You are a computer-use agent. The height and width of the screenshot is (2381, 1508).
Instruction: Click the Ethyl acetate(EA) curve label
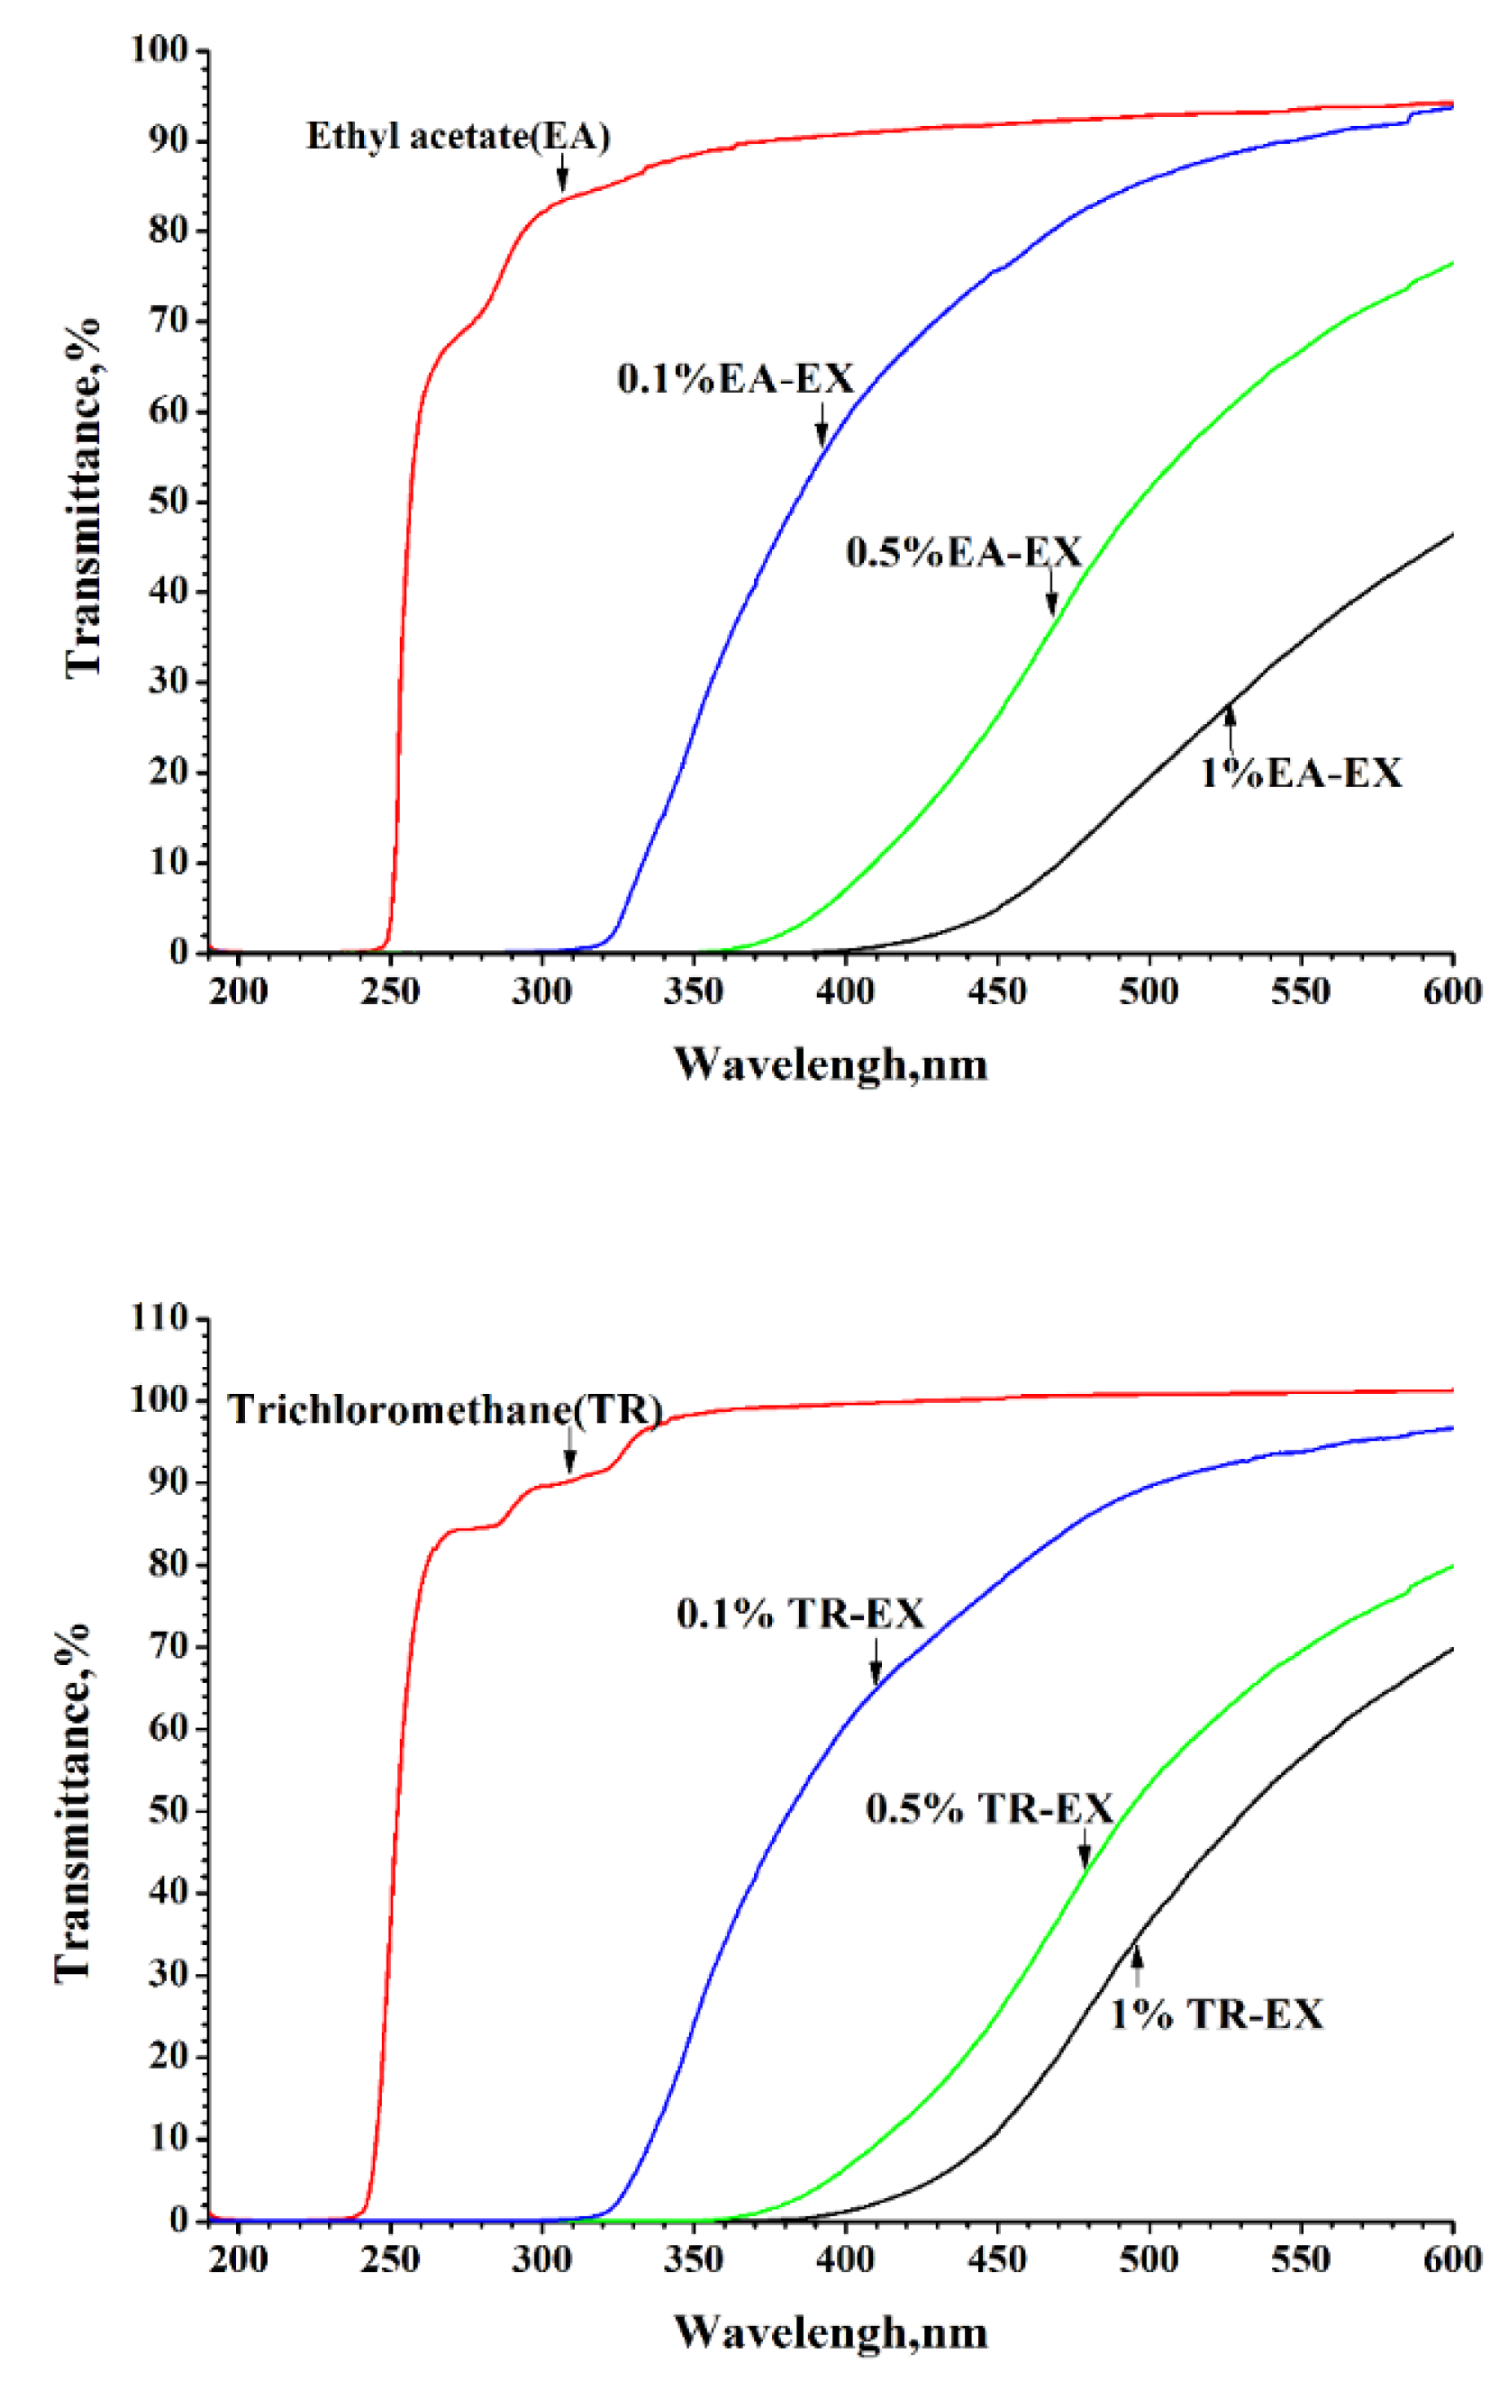pyautogui.click(x=458, y=137)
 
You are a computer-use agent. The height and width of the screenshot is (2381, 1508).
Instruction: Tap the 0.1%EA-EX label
pyautogui.click(x=735, y=380)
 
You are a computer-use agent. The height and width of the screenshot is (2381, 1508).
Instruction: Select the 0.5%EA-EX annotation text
pyautogui.click(x=963, y=553)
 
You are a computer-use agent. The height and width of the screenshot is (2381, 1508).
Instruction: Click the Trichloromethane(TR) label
pyautogui.click(x=444, y=1410)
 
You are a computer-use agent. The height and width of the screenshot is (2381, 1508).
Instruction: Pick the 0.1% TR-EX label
pyautogui.click(x=799, y=1615)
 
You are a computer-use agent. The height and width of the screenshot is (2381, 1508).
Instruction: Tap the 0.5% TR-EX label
pyautogui.click(x=989, y=1809)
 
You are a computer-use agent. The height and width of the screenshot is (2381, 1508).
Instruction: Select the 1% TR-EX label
pyautogui.click(x=1215, y=2015)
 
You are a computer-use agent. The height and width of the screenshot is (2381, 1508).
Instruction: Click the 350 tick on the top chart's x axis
pyautogui.click(x=693, y=991)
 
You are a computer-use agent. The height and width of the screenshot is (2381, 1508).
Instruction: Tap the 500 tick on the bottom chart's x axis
pyautogui.click(x=1148, y=2260)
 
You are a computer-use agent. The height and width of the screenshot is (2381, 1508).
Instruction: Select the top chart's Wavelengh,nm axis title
pyautogui.click(x=831, y=1066)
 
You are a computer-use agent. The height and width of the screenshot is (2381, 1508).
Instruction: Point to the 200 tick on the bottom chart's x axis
pyautogui.click(x=239, y=2260)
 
